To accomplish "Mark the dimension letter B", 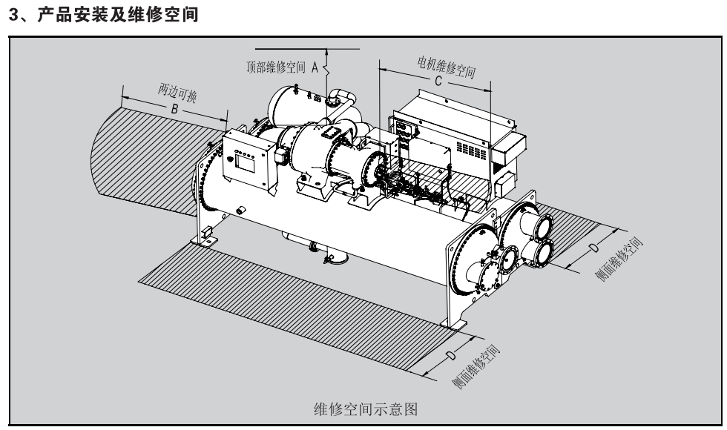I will (174, 108).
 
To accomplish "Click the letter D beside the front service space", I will (450, 357).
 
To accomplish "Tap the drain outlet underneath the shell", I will (338, 259).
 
